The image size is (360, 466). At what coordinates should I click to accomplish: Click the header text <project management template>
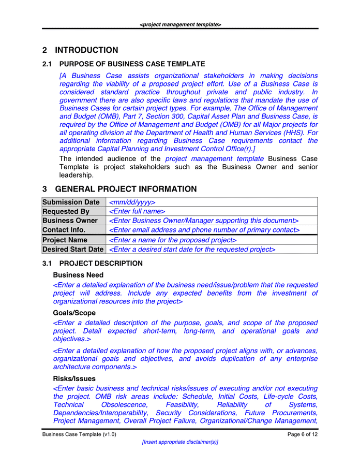tap(180, 24)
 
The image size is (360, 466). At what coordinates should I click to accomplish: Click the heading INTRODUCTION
tap(86, 50)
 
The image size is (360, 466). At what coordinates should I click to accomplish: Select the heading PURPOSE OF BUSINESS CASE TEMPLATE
tap(132, 64)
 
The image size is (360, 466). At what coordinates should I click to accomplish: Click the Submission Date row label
tap(71, 202)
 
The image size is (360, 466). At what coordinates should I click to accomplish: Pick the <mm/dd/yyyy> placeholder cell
tap(132, 202)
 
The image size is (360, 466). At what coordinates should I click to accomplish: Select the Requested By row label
tap(66, 211)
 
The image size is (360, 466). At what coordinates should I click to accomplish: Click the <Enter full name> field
tap(137, 211)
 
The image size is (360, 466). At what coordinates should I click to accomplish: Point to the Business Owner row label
tap(70, 221)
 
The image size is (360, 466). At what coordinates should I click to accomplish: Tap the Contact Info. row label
tap(64, 229)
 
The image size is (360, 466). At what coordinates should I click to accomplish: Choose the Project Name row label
tap(65, 240)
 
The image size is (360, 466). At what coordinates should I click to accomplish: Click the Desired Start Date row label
tap(73, 250)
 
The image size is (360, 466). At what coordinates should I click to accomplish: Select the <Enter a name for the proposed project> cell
tap(173, 240)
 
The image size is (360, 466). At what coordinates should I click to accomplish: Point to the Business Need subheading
tap(78, 275)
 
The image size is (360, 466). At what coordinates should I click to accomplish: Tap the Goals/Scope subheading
tap(74, 313)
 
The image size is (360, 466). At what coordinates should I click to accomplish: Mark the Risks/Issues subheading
tap(74, 378)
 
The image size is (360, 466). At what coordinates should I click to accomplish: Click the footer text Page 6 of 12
tap(303, 434)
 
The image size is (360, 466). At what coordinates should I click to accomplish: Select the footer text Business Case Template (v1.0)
tap(79, 434)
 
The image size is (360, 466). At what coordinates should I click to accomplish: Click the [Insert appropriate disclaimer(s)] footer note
tap(180, 442)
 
